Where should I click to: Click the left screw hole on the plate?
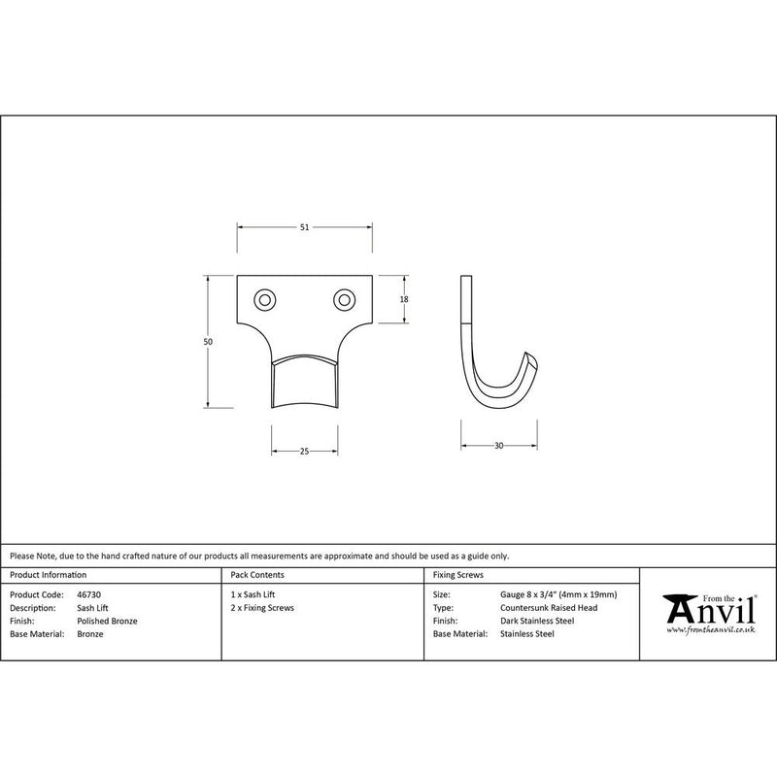[264, 300]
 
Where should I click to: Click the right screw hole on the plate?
[344, 300]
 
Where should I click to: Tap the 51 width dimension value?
[304, 227]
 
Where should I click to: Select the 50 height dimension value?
[208, 342]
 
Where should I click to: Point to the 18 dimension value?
[404, 299]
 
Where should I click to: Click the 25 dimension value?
[304, 451]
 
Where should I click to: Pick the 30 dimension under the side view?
[498, 446]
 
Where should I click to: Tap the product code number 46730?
[88, 594]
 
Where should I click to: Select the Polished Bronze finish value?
[107, 621]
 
